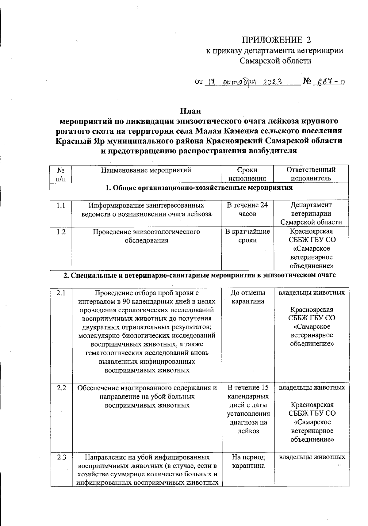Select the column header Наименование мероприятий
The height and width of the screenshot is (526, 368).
coord(146,170)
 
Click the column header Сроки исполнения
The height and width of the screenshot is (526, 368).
coord(247,174)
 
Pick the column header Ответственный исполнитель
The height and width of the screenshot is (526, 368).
coord(311,174)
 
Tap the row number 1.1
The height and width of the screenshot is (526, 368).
coord(61,205)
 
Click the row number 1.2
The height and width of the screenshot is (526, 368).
coord(61,232)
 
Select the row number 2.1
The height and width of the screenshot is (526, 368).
coord(61,293)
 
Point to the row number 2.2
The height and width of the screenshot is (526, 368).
coord(61,388)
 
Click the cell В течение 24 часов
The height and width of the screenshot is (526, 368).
coord(247,209)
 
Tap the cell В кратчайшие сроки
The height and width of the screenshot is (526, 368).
coord(247,236)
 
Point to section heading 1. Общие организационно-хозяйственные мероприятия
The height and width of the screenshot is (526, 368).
coord(199,188)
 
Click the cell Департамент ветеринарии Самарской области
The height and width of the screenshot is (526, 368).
coord(311,213)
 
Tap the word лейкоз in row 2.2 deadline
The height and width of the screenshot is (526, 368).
coord(248,431)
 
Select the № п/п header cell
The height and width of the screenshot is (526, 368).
coord(61,174)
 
